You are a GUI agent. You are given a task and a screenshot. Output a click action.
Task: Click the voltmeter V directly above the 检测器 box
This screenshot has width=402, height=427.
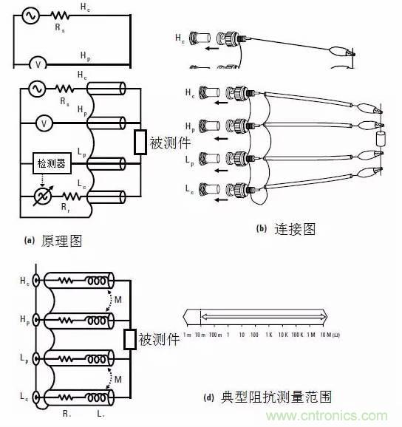tap(43, 125)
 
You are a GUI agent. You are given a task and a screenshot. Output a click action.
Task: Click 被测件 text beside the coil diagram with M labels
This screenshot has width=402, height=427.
tap(159, 340)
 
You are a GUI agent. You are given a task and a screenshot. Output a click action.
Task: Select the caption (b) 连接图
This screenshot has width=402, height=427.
tap(285, 229)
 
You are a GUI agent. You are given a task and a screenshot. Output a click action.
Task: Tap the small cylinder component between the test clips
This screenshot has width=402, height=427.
tap(381, 140)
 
